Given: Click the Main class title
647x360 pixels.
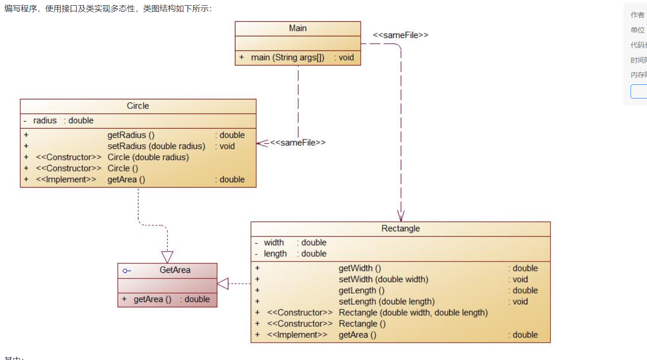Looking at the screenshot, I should pyautogui.click(x=298, y=28).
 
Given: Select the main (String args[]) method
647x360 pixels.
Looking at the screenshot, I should pyautogui.click(x=287, y=57).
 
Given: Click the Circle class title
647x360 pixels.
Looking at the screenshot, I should pyautogui.click(x=138, y=106).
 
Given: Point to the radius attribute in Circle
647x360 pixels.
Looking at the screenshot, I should pyautogui.click(x=45, y=121).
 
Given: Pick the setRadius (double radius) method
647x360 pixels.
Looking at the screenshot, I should pyautogui.click(x=156, y=146).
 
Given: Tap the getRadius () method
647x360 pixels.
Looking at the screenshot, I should pyautogui.click(x=131, y=135).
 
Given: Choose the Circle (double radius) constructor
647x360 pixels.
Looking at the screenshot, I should pyautogui.click(x=148, y=157).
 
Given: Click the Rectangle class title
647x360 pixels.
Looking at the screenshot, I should pyautogui.click(x=400, y=229).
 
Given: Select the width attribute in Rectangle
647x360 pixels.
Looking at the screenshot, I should pyautogui.click(x=274, y=243).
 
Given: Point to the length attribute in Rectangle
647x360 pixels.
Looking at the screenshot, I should pyautogui.click(x=275, y=254).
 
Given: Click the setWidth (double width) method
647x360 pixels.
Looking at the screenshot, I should pyautogui.click(x=383, y=279).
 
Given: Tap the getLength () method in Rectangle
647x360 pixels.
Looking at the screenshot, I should pyautogui.click(x=362, y=291).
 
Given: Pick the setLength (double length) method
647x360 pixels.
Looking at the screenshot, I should pyautogui.click(x=387, y=302).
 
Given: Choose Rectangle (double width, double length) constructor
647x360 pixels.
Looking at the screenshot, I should pyautogui.click(x=413, y=313).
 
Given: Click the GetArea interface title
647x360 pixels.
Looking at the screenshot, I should pyautogui.click(x=175, y=270).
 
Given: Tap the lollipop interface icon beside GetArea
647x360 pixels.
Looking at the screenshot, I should pyautogui.click(x=127, y=271).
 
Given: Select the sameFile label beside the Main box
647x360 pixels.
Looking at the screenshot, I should pyautogui.click(x=401, y=35).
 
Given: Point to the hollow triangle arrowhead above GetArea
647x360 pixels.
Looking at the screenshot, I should pyautogui.click(x=167, y=257).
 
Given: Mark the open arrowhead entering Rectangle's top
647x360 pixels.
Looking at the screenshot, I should pyautogui.click(x=401, y=216).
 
